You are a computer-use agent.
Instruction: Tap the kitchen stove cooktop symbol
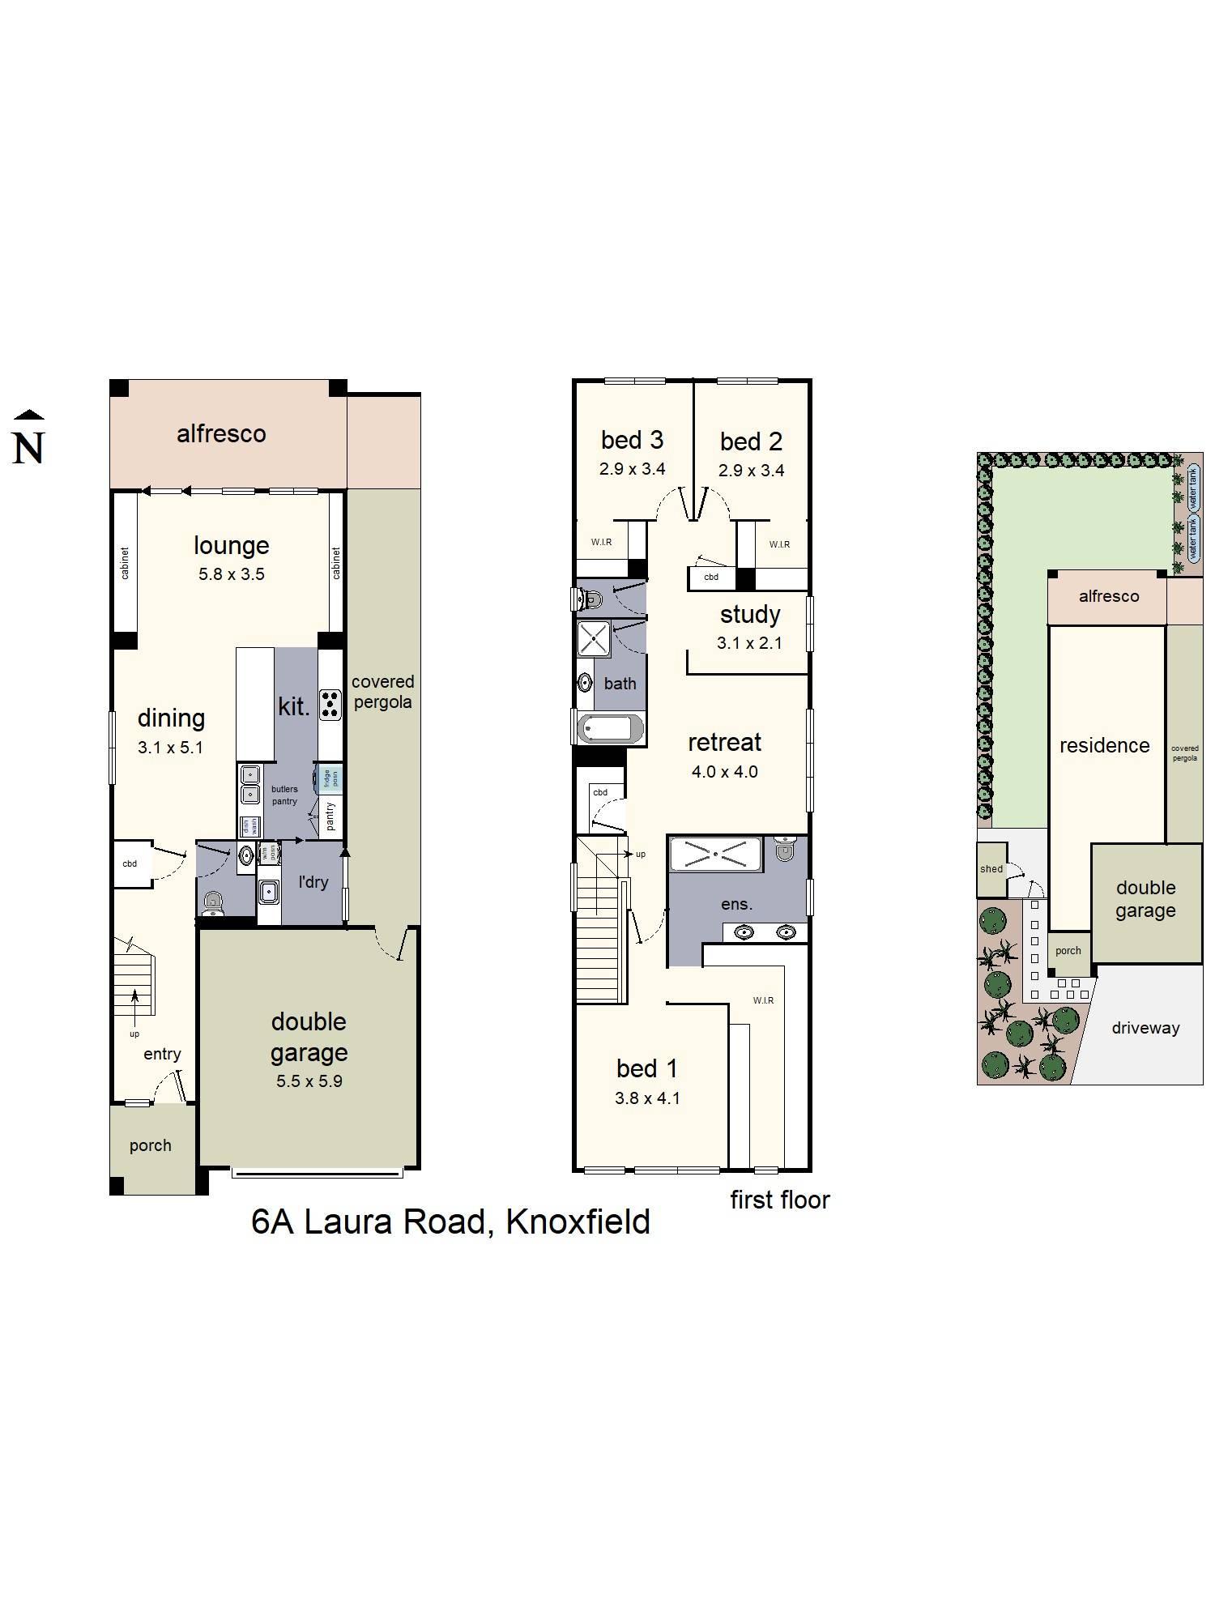[330, 704]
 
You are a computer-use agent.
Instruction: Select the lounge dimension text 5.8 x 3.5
[232, 574]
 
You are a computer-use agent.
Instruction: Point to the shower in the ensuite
[716, 855]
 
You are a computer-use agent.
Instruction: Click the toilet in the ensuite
[784, 850]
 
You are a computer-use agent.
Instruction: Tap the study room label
[750, 615]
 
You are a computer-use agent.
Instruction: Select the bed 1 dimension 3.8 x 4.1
[647, 1098]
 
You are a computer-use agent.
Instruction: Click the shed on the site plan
[991, 869]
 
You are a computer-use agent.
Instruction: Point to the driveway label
[1145, 1028]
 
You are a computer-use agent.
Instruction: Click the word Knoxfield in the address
[578, 1221]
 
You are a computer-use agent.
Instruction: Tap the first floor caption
[780, 1200]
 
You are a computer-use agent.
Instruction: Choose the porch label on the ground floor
[151, 1145]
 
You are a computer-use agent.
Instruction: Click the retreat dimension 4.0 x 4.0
[724, 772]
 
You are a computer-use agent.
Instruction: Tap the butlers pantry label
[284, 795]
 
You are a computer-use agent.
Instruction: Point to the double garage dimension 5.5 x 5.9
[309, 1081]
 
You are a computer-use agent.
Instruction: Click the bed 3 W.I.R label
[601, 542]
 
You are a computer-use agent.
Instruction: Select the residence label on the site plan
[1104, 745]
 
